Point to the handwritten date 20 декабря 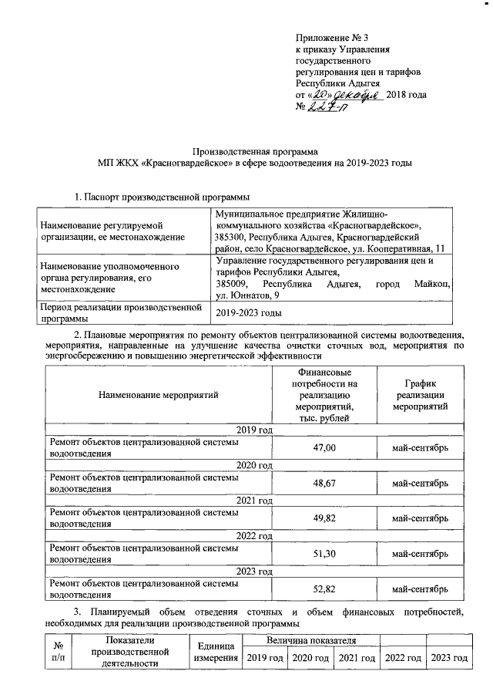click(342, 93)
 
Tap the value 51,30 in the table click(324, 553)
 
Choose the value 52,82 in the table click(324, 588)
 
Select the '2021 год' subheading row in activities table click(254, 501)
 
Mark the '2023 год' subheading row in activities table click(254, 571)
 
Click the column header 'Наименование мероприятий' click(158, 395)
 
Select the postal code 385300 click(232, 238)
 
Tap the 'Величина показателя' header click(310, 640)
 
